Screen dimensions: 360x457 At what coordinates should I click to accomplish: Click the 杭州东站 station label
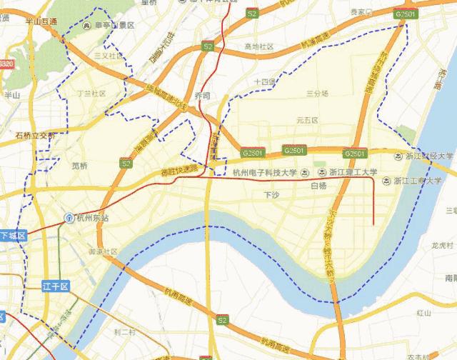tap(93, 217)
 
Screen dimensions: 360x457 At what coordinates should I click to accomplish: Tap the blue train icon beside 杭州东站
tap(69, 217)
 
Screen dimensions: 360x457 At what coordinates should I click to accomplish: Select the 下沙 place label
tap(272, 194)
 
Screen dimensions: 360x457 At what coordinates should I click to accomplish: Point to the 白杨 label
tap(318, 186)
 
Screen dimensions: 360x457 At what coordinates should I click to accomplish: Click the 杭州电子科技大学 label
tap(263, 172)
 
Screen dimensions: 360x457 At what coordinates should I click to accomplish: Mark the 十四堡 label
tap(264, 81)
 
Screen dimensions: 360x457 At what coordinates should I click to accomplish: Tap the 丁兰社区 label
tap(91, 94)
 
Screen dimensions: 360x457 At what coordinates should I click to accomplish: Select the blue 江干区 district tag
tap(54, 286)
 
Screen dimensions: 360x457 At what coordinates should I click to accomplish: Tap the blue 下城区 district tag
tap(13, 235)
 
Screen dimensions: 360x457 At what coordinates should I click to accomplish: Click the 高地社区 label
tap(258, 46)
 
